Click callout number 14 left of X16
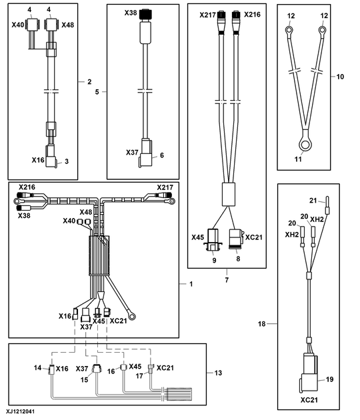[38, 367]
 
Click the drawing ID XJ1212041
[21, 412]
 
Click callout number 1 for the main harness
[191, 283]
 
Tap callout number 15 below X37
[85, 379]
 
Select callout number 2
[89, 83]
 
